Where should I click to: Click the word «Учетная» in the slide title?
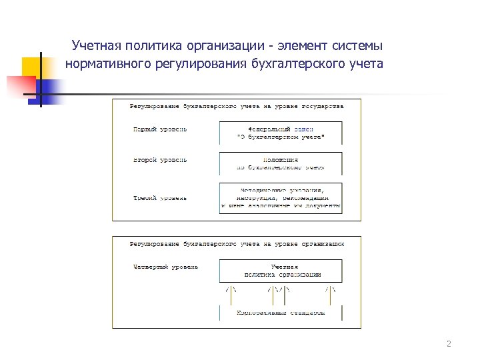(x=95, y=47)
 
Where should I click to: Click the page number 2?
(x=449, y=344)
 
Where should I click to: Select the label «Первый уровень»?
(x=160, y=129)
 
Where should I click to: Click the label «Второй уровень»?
(x=160, y=160)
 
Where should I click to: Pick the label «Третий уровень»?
(x=160, y=198)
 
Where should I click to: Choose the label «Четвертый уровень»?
(x=165, y=267)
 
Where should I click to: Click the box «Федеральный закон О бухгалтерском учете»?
(x=281, y=133)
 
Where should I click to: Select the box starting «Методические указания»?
(x=281, y=198)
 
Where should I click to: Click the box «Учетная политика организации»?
(x=281, y=271)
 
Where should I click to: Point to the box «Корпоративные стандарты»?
(x=281, y=312)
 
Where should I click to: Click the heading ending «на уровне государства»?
(x=237, y=106)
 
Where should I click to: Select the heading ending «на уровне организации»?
(x=237, y=244)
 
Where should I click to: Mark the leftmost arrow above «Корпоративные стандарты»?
(x=231, y=290)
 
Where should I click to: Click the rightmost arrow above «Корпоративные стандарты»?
(x=330, y=290)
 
